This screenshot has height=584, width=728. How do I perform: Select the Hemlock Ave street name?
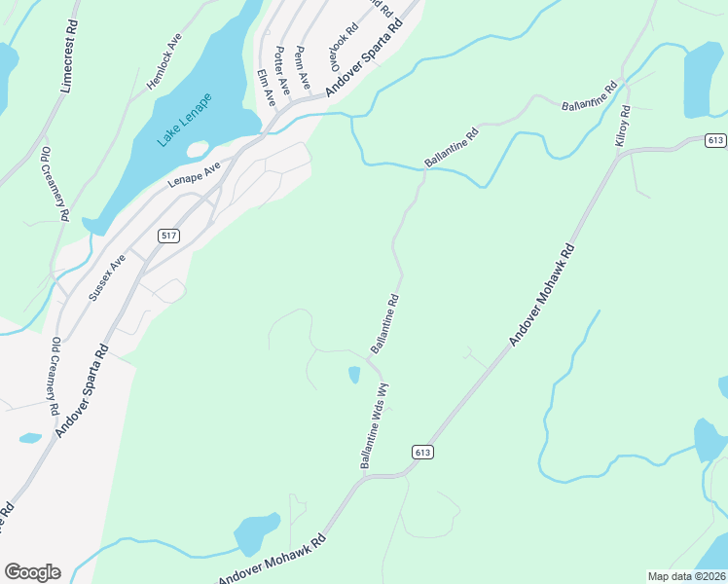164,64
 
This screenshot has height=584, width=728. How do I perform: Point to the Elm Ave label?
266,88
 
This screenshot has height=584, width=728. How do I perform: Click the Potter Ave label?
282,69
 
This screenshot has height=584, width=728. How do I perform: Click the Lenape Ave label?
195,172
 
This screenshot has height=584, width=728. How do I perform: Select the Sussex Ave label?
107,277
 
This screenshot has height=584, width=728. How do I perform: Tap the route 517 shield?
167,236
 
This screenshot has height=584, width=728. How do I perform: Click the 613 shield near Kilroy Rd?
715,141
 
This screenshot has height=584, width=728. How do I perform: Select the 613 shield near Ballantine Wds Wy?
421,452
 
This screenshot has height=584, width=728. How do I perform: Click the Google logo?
32,572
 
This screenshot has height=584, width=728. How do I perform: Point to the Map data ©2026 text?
687,576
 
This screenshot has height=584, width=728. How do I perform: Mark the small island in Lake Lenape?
198,149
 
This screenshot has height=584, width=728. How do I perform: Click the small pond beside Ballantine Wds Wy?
354,375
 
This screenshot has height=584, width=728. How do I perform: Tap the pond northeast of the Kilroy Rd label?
704,80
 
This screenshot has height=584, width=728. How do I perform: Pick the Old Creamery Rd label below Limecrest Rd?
55,184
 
